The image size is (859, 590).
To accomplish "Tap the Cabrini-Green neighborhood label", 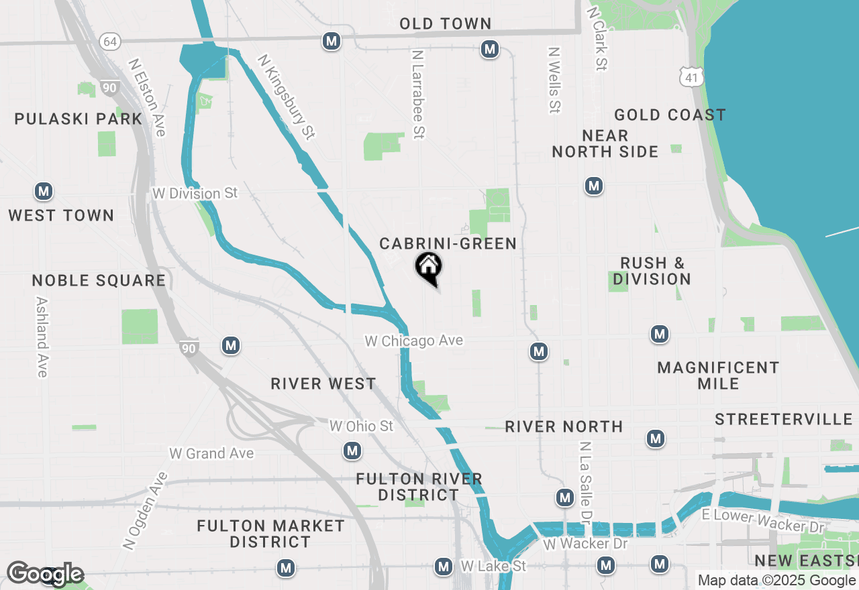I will pyautogui.click(x=448, y=243).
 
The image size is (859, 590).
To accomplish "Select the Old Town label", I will pyautogui.click(x=446, y=24).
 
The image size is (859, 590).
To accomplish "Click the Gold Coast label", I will pyautogui.click(x=670, y=115).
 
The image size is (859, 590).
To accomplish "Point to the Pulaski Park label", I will pyautogui.click(x=79, y=119).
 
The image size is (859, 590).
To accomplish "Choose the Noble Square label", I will pyautogui.click(x=99, y=280).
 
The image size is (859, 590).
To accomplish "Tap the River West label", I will pyautogui.click(x=323, y=383).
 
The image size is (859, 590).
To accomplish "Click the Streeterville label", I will pyautogui.click(x=783, y=420).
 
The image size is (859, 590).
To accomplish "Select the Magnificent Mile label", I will pyautogui.click(x=718, y=375).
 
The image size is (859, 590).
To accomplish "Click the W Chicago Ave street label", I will pyautogui.click(x=413, y=341).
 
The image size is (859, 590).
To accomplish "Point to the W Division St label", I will pyautogui.click(x=195, y=194).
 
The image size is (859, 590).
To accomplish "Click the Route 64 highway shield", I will pyautogui.click(x=110, y=42).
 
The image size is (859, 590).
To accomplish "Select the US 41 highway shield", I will pyautogui.click(x=691, y=78).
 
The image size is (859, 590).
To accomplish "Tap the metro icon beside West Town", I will pyautogui.click(x=44, y=192).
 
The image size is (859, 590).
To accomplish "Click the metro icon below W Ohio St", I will pyautogui.click(x=352, y=451).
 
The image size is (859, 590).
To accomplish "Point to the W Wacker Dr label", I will pyautogui.click(x=585, y=543).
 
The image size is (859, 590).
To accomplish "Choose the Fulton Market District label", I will pyautogui.click(x=270, y=534).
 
